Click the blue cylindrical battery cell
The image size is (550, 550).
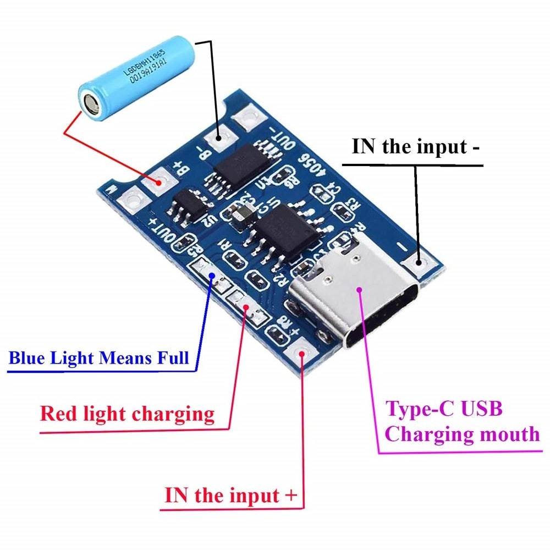[x=135, y=77]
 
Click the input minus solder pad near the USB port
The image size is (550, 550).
[x=419, y=263]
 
